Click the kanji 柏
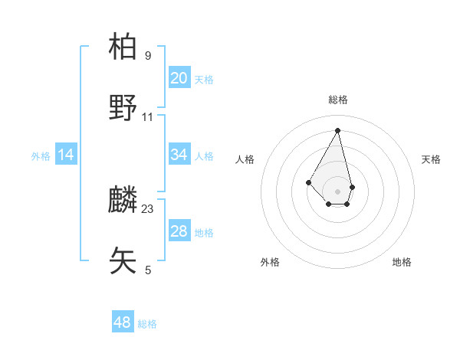[x=123, y=47]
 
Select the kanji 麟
[x=123, y=200]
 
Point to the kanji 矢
[x=123, y=260]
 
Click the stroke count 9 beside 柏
[x=148, y=56]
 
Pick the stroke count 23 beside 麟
[x=148, y=209]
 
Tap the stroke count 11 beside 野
[x=148, y=117]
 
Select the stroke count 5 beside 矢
[x=148, y=270]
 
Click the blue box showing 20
[x=179, y=78]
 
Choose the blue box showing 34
[x=179, y=155]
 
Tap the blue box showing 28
[x=179, y=231]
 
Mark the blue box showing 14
[x=66, y=155]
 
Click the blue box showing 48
[x=123, y=322]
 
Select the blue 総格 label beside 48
[x=147, y=324]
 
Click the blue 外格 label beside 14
[x=41, y=156]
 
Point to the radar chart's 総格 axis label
[x=338, y=100]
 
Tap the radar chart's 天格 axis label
[x=431, y=159]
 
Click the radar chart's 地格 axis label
[x=402, y=262]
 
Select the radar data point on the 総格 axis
[x=338, y=129]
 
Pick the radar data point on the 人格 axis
[x=308, y=182]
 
